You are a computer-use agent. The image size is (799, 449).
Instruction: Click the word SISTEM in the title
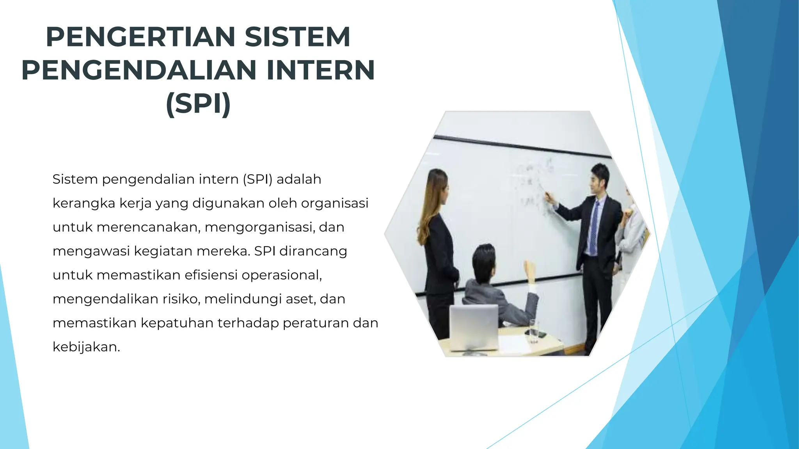click(297, 37)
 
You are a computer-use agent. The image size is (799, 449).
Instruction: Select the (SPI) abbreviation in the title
click(199, 104)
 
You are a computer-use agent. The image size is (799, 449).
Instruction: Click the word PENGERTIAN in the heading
click(140, 37)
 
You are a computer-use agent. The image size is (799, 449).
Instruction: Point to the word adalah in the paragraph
click(298, 179)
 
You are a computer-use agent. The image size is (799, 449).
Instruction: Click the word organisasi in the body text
click(334, 203)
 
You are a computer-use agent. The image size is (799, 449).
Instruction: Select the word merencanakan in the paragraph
click(148, 227)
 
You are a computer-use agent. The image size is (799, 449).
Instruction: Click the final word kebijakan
click(86, 347)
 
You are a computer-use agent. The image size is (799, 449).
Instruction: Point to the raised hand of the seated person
click(529, 269)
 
